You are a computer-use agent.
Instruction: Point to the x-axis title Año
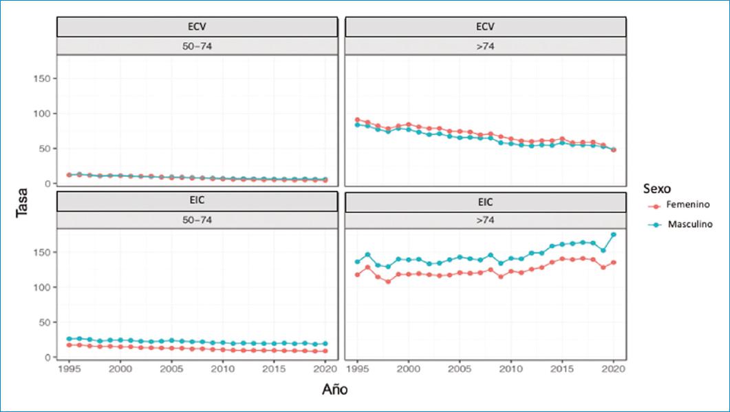coord(335,389)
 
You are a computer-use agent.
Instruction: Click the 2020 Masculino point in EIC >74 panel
coord(613,235)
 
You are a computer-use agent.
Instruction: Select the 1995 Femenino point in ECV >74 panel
coord(357,120)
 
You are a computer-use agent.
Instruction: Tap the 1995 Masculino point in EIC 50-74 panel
coord(69,339)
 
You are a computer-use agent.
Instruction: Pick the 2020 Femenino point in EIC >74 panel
coord(613,262)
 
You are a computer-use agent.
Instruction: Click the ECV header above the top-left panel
coord(197,26)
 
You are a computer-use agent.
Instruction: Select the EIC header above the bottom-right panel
coord(486,203)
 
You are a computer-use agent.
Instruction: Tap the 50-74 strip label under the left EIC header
coord(197,220)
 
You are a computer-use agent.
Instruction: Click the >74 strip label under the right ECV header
coord(486,45)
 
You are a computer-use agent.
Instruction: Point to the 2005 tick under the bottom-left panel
coord(171,369)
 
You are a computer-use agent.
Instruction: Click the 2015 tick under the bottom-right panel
coord(562,369)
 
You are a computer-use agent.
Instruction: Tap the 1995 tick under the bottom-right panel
coord(357,369)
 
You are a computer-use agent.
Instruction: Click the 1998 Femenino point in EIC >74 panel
coord(388,281)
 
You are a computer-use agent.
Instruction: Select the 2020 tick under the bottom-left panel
coord(325,369)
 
